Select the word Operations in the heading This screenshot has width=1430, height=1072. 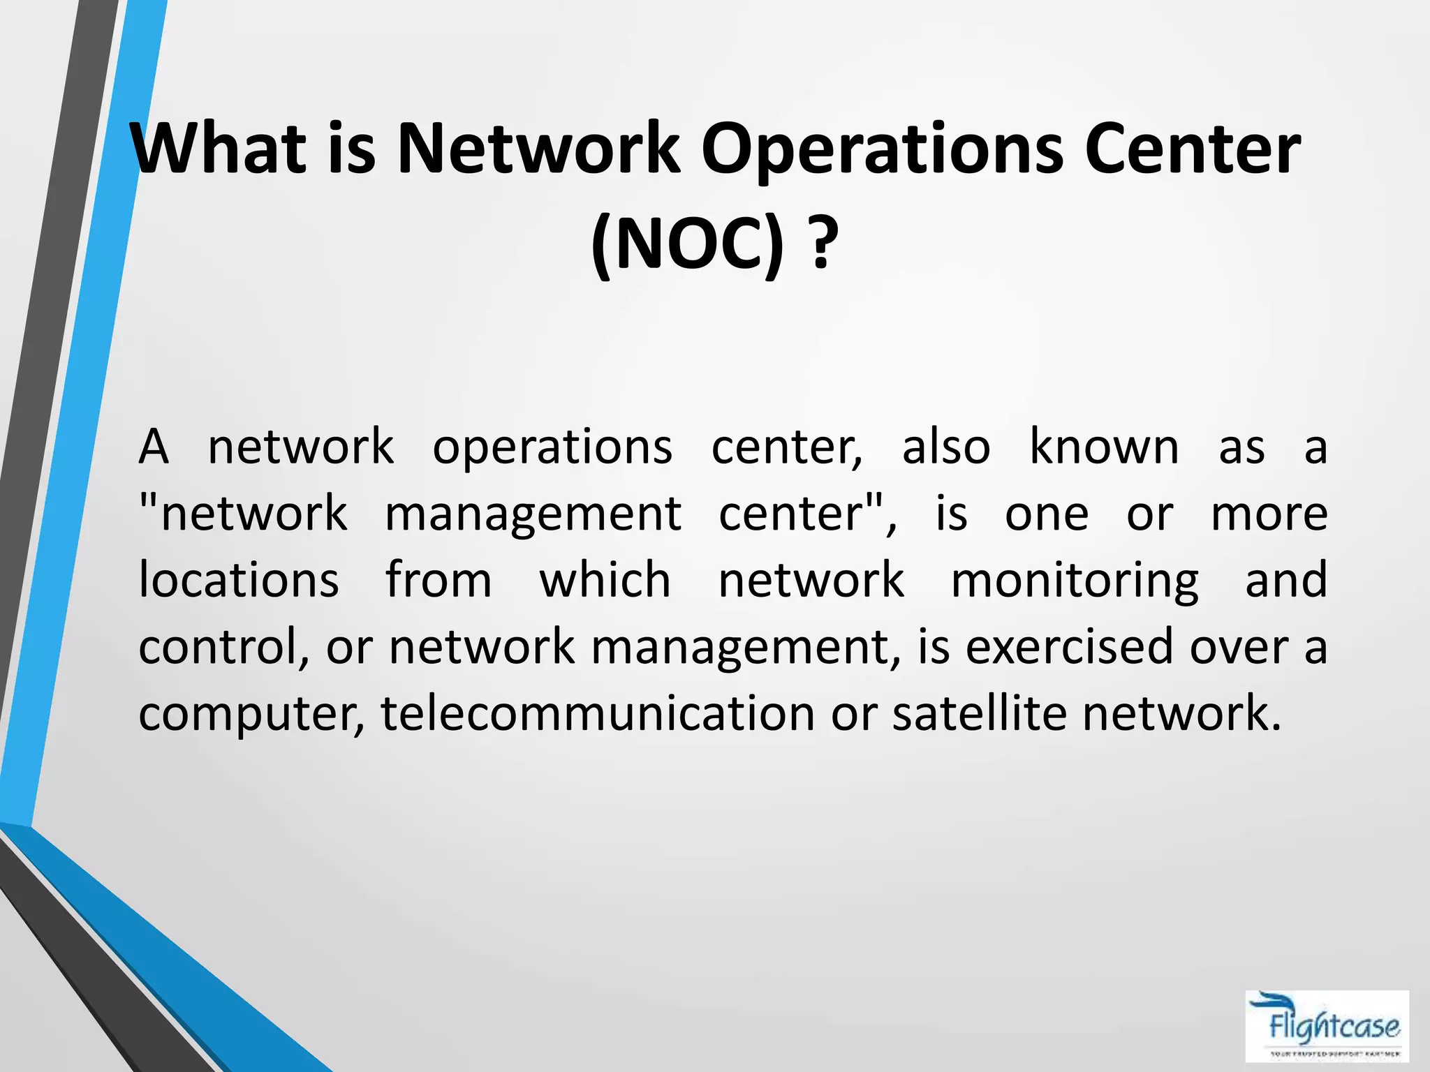point(882,150)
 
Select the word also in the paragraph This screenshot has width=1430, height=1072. point(946,447)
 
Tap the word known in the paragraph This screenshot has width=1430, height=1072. point(1104,447)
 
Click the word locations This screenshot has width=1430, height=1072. point(239,580)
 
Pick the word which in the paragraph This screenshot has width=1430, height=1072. point(605,580)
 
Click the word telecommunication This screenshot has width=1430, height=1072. point(598,713)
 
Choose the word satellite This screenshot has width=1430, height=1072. point(979,713)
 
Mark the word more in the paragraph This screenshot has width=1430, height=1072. point(1269,514)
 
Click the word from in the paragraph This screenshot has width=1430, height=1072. point(438,580)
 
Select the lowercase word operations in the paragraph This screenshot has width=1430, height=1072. point(552,448)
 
